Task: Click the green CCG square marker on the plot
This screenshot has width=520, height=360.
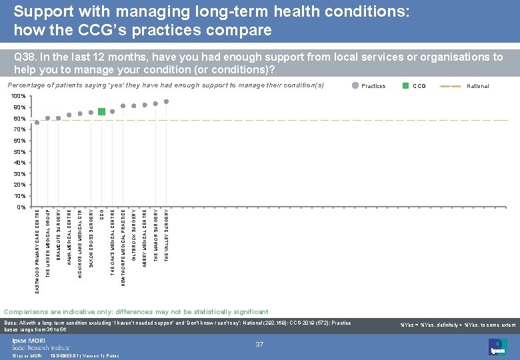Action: [x=101, y=111]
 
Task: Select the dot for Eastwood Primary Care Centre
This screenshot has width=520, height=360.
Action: [x=37, y=123]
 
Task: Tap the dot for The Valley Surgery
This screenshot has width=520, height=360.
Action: [x=166, y=101]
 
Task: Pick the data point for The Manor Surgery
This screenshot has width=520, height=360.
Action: [x=155, y=103]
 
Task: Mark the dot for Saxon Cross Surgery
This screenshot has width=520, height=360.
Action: [x=91, y=113]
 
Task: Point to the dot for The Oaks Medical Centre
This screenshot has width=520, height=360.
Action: [x=113, y=111]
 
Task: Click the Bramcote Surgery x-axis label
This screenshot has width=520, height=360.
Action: [x=59, y=233]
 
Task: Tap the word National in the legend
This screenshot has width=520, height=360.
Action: [x=477, y=86]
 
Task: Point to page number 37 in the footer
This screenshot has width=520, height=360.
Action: [x=259, y=344]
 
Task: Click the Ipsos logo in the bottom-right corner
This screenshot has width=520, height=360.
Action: [x=498, y=347]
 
